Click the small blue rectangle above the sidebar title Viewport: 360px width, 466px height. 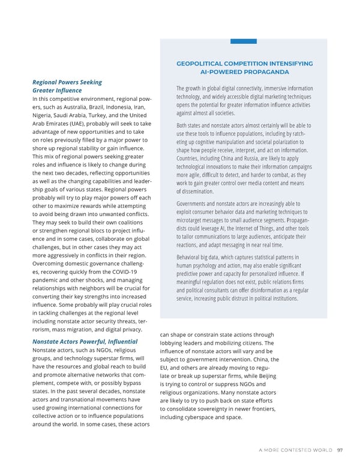tap(244, 41)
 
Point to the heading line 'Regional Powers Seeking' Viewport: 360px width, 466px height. tap(67, 82)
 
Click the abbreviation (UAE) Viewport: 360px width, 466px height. tap(88, 124)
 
